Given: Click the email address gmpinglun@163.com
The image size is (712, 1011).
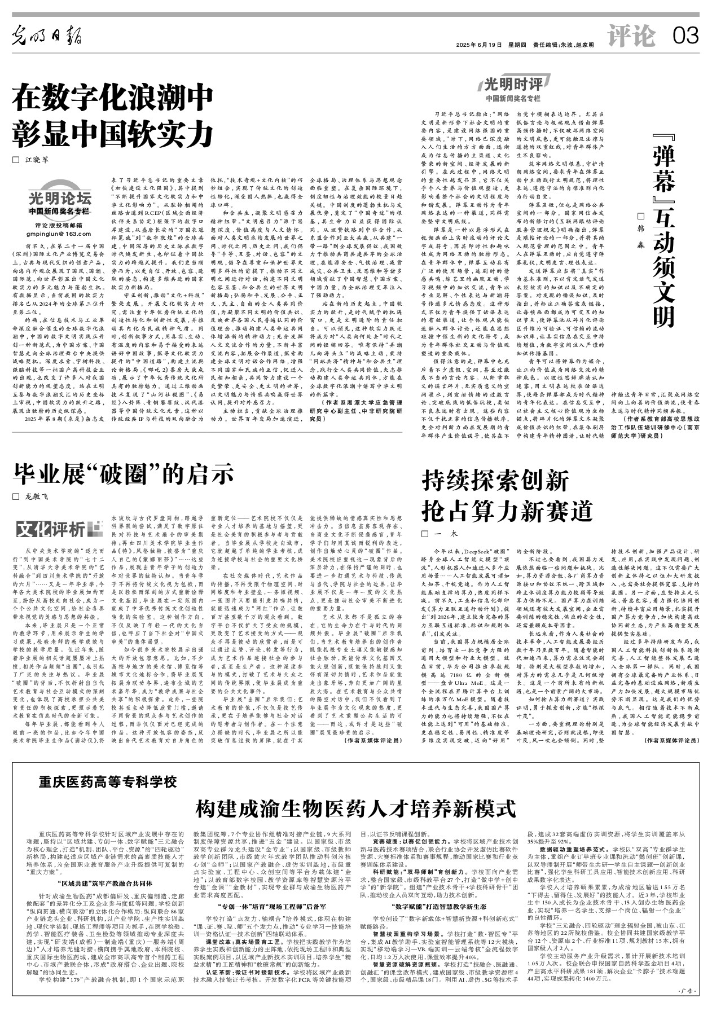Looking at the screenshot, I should pos(59,233).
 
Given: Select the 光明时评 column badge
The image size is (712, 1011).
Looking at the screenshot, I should pos(513,85).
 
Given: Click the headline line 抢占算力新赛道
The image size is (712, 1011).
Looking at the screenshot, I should pos(508,511).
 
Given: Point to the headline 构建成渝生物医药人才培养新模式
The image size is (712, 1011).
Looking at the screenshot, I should pos(355,808).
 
